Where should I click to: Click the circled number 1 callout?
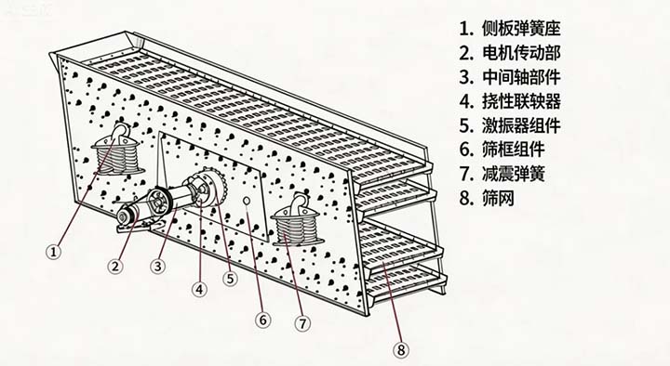(53, 252)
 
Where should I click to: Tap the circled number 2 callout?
(115, 267)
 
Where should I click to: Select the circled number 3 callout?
(157, 267)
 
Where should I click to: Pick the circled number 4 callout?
(199, 290)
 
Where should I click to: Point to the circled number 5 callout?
(230, 279)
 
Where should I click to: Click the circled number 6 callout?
(262, 320)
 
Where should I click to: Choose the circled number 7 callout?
(302, 323)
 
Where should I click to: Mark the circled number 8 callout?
(400, 350)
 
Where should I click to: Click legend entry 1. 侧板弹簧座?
(510, 29)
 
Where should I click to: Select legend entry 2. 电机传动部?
(510, 53)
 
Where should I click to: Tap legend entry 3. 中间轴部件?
(510, 77)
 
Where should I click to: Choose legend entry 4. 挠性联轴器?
(510, 101)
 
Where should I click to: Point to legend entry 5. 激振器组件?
(510, 125)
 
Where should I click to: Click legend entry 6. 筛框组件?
(502, 150)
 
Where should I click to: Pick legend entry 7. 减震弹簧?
(502, 174)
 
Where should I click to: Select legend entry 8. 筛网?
(487, 199)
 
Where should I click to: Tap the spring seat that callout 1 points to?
(118, 150)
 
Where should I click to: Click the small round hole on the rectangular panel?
(247, 201)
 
